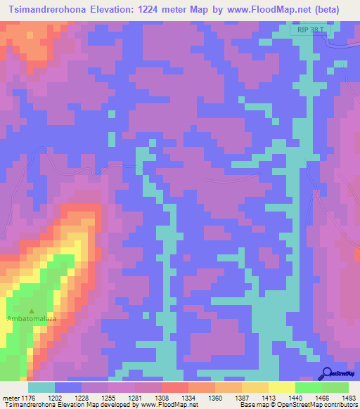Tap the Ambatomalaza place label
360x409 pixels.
click(31, 319)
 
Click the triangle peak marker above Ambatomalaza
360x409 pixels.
click(31, 311)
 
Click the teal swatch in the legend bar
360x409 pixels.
click(41, 387)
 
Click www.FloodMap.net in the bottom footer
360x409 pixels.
click(160, 405)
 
